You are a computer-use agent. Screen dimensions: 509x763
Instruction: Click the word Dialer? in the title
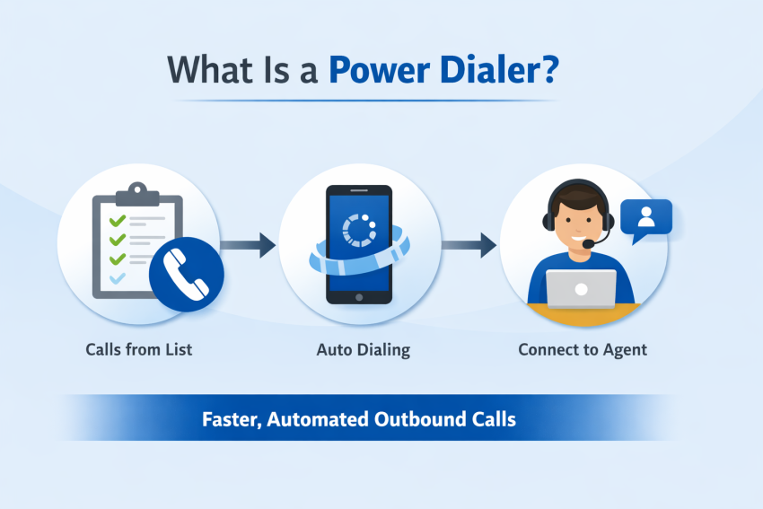click(x=498, y=71)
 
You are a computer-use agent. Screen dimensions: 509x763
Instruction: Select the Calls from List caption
click(x=139, y=349)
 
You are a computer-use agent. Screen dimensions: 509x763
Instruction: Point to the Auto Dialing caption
click(x=363, y=349)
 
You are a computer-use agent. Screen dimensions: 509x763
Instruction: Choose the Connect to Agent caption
click(x=583, y=349)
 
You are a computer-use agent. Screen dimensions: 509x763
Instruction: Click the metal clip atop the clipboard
click(x=136, y=191)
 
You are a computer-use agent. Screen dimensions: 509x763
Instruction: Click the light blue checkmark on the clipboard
click(x=117, y=279)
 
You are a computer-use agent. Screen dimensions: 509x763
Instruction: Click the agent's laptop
click(x=582, y=289)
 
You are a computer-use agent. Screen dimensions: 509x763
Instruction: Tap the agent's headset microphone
click(x=589, y=243)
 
